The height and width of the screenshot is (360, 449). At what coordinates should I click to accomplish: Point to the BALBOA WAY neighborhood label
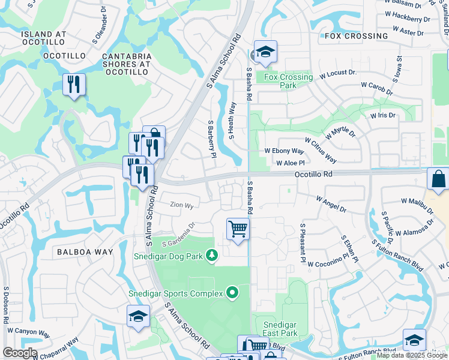[85, 252]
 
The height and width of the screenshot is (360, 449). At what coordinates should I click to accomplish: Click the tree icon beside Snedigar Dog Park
[211, 256]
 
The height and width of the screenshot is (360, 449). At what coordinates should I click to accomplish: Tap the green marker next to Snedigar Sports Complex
[232, 293]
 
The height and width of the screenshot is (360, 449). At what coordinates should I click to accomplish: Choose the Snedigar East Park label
[280, 329]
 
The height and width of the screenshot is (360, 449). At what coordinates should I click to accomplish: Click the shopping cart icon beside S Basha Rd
[238, 229]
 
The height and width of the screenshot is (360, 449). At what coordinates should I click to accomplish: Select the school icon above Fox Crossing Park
[265, 52]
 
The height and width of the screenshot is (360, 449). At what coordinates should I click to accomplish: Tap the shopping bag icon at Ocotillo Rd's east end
[438, 179]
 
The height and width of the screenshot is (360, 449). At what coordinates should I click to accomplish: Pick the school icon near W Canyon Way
[138, 316]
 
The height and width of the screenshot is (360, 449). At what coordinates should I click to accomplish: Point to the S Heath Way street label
[232, 120]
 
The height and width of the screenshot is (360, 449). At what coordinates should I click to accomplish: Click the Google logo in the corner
[19, 353]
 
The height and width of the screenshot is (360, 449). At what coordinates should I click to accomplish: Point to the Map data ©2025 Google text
[412, 355]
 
